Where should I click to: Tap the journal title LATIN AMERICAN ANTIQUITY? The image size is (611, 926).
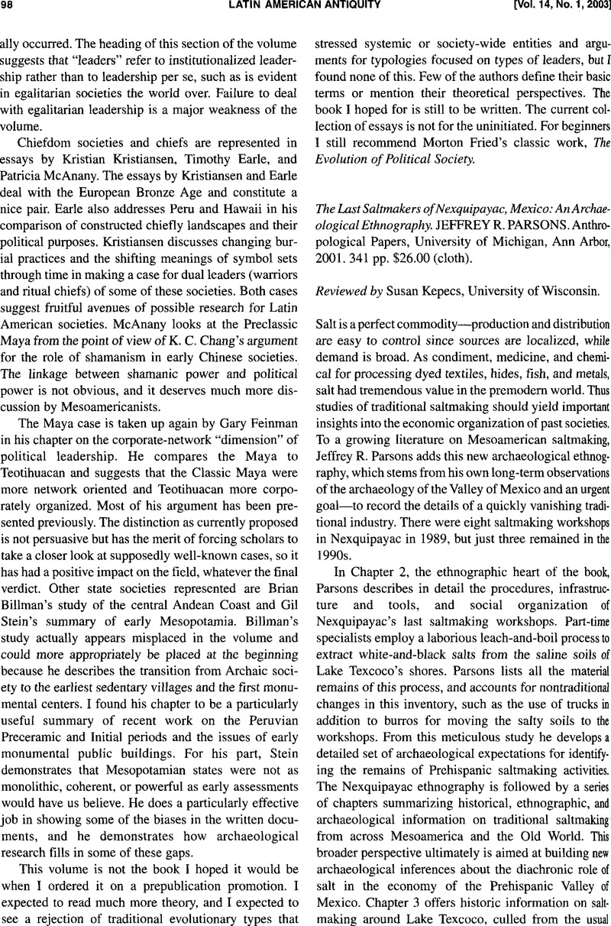click(x=305, y=8)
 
